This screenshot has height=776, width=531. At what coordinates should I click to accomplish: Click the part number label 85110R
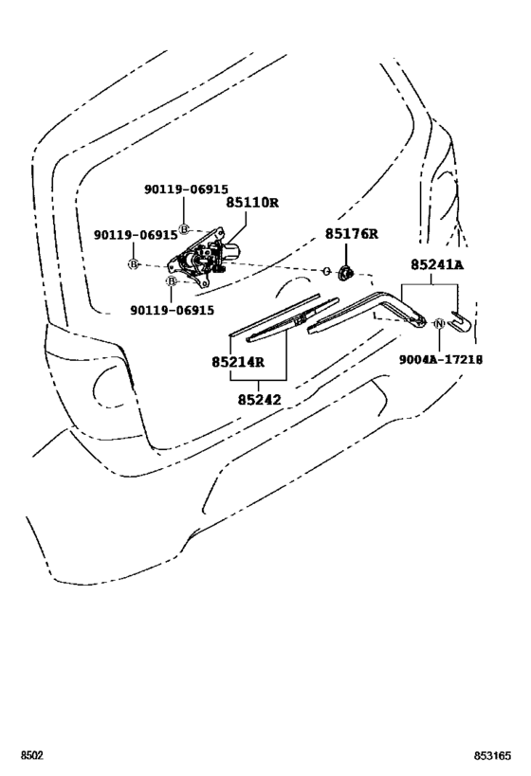coord(252,203)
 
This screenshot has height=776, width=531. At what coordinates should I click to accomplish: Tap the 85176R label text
coord(352,234)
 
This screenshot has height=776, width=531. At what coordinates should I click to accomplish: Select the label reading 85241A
coord(437,264)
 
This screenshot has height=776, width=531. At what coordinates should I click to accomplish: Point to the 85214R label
coord(238,363)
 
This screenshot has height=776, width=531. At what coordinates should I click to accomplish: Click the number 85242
coord(259,400)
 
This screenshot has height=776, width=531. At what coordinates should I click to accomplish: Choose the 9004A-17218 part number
coord(441,359)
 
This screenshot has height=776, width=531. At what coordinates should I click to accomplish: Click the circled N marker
coord(439,324)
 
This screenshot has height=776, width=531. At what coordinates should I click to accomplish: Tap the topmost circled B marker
coord(184,229)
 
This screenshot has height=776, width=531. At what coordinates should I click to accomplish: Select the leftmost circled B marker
coord(134,264)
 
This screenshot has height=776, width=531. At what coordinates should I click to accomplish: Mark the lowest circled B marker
coord(171,281)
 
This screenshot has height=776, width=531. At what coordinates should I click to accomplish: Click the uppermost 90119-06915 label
coord(186,189)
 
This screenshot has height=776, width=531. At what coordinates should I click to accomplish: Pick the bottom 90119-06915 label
coord(173,310)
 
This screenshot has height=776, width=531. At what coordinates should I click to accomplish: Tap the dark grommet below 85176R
coord(344,272)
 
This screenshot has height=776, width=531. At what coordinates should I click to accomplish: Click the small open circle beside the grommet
coord(326,271)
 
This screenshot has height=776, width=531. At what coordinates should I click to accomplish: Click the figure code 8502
coord(32,756)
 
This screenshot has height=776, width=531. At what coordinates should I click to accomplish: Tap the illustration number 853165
coord(493,756)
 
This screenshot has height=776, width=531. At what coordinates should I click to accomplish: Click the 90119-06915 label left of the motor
coord(136,235)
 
